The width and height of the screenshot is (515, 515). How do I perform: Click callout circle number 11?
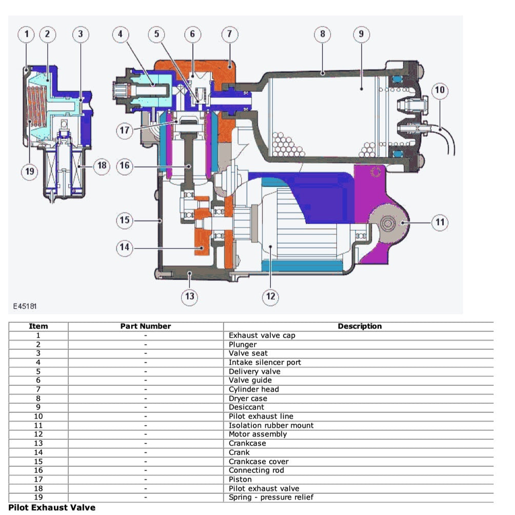pos(440,223)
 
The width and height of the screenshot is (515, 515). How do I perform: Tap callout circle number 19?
pos(29,171)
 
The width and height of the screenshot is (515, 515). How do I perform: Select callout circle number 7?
pos(229,34)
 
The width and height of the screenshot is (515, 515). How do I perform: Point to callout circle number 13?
pos(190,296)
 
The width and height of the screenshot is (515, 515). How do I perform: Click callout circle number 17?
pos(125,130)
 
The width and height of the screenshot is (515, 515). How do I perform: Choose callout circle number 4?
pos(121,34)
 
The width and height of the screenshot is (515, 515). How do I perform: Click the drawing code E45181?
pos(25,306)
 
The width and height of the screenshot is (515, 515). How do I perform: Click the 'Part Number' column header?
pos(146,326)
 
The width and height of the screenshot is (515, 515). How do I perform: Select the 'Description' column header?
pos(360,326)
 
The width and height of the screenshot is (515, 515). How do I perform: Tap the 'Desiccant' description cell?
pos(247,407)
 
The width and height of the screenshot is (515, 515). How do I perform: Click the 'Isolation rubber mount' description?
pos(271,425)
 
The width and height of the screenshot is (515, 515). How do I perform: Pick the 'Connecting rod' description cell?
pos(256,470)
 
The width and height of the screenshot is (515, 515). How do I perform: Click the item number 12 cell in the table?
pos(38,434)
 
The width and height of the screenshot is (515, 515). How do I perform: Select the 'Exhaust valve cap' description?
pos(262,335)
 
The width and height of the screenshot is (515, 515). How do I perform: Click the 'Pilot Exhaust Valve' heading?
pos(52,508)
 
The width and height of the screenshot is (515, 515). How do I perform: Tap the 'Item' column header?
pos(38,326)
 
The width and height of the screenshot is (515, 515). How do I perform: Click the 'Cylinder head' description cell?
pos(253,389)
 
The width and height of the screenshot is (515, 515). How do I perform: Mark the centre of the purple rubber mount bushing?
pos(387,223)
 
